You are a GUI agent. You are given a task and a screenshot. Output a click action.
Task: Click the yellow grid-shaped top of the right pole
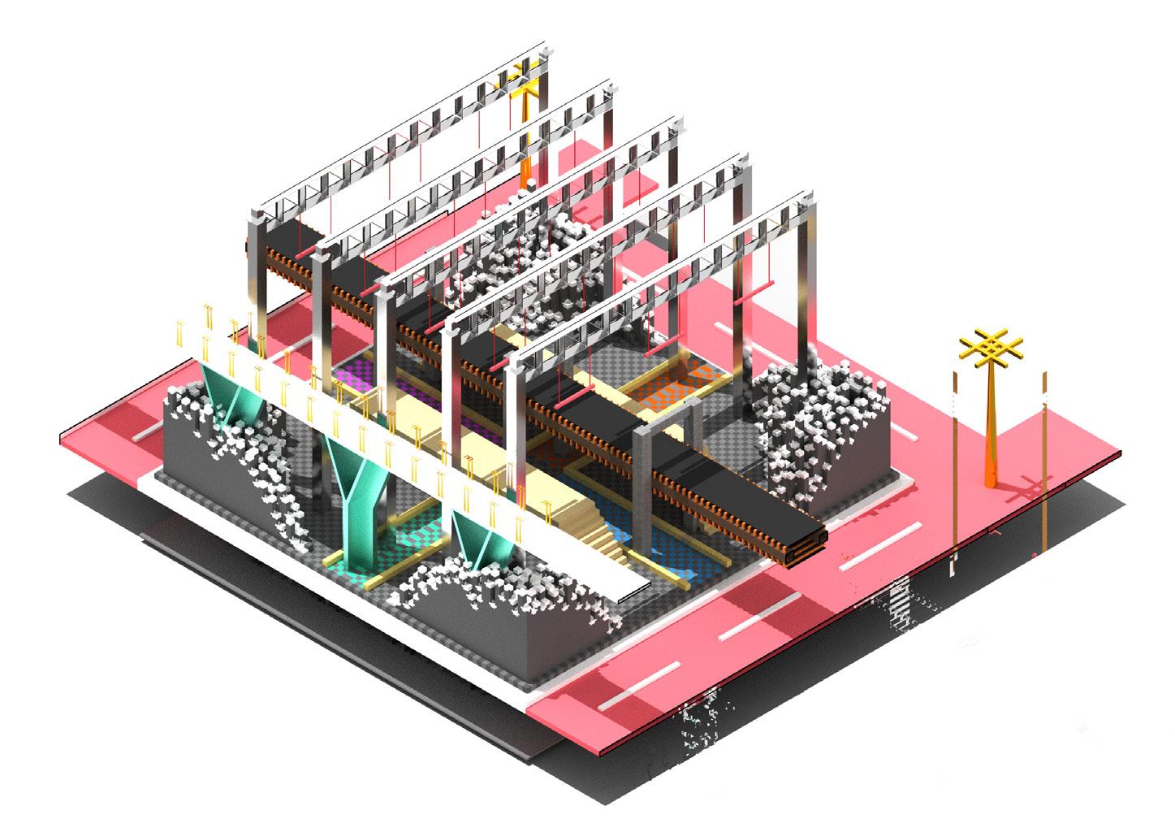pyautogui.click(x=990, y=348)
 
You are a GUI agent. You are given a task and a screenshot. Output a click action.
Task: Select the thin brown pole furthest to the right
pyautogui.click(x=1044, y=463)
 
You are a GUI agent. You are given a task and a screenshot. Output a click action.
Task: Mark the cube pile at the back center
pyautogui.click(x=520, y=252)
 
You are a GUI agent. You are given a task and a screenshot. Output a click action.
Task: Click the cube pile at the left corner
pyautogui.click(x=235, y=455)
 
